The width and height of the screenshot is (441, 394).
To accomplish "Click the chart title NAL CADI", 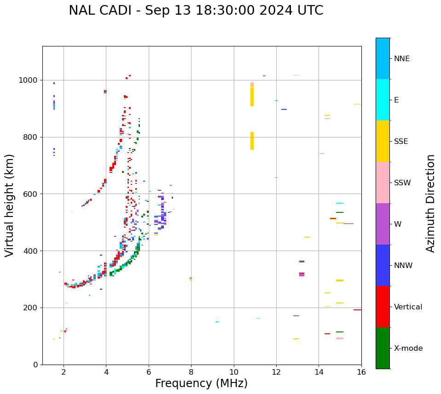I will tap(196, 11).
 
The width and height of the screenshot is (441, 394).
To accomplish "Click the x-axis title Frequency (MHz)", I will tap(201, 383).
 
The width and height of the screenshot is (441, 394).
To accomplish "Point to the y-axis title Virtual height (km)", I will tap(10, 205).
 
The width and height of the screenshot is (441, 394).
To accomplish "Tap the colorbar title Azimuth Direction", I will tap(430, 203).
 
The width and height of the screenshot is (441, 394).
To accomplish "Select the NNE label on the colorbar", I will tap(401, 59).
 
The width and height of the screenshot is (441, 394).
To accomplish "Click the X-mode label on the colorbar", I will tap(408, 348).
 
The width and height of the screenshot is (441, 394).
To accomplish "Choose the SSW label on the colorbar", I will tap(402, 183).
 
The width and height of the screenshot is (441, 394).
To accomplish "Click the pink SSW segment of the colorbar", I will tap(383, 183).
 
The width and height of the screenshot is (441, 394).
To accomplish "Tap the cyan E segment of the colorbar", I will tap(383, 100).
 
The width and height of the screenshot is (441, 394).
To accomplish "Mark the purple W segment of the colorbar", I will tap(383, 224).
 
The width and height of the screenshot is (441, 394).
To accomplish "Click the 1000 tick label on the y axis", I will tap(29, 80).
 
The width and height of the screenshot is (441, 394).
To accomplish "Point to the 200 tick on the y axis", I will tap(31, 308).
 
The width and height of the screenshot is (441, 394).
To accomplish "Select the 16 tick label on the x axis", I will tap(361, 372).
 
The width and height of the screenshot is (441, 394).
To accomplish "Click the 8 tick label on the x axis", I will tap(191, 372).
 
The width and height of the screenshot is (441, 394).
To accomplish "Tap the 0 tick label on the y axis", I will tap(35, 365).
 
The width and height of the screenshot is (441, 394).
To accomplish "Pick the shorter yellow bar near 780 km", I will tap(252, 141).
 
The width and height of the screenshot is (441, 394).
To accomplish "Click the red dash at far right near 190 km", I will tap(357, 310).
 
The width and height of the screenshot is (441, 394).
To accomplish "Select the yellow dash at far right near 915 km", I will tap(357, 104).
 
